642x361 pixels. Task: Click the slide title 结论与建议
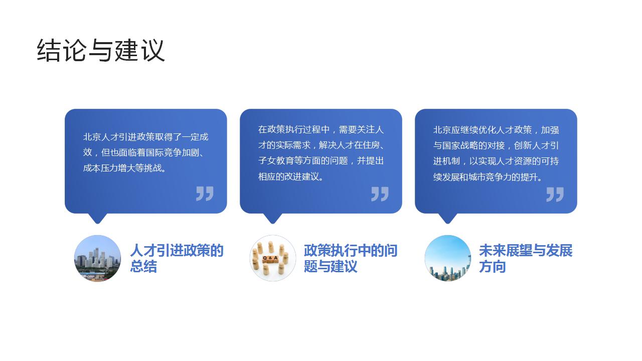(101, 50)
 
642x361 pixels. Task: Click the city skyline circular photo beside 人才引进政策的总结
(98, 258)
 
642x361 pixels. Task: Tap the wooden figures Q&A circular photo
(272, 258)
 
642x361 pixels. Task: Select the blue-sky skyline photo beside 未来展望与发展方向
(447, 258)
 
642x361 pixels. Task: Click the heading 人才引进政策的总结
(177, 258)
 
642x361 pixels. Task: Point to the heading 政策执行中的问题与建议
(350, 258)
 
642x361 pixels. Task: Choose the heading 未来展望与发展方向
(525, 258)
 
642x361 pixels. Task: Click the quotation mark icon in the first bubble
(205, 194)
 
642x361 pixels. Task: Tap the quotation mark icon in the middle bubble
(380, 194)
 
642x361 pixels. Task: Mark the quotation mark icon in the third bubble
(555, 194)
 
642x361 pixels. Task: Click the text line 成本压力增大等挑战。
(125, 168)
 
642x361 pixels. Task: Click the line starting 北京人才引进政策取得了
(145, 137)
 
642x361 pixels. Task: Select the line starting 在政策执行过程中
(320, 129)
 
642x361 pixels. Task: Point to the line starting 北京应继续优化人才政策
(496, 130)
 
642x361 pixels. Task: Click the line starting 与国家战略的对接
(496, 145)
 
